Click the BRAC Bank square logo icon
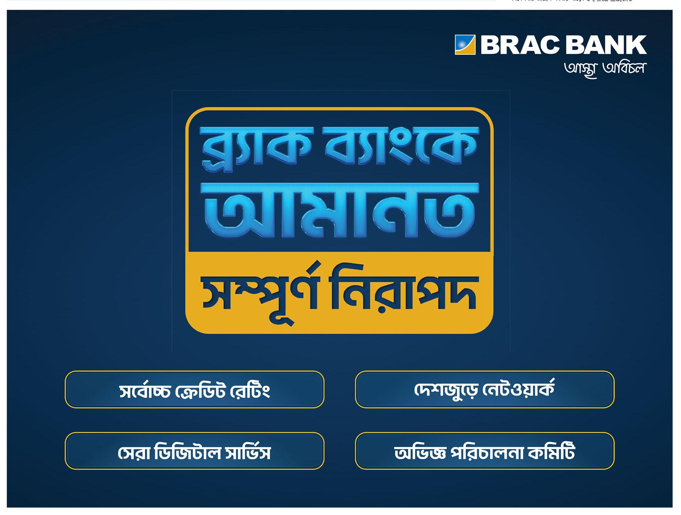click(465, 44)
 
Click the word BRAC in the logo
click(518, 45)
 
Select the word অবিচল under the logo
click(624, 68)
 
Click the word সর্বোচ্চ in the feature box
click(145, 391)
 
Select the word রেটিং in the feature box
click(250, 390)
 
